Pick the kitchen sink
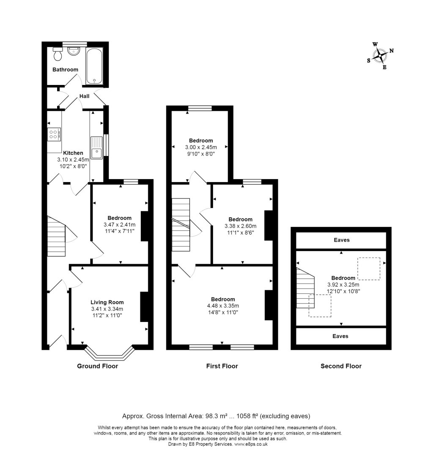coord(96,147)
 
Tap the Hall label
coord(84,96)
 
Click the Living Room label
coord(107,302)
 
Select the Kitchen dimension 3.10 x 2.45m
coord(73,160)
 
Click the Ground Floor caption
coord(97,366)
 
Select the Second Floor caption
coord(341,366)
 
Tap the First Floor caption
coord(222,366)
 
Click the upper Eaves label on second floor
coord(341,240)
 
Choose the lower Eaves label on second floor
coord(341,336)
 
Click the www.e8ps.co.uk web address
coord(251,444)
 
